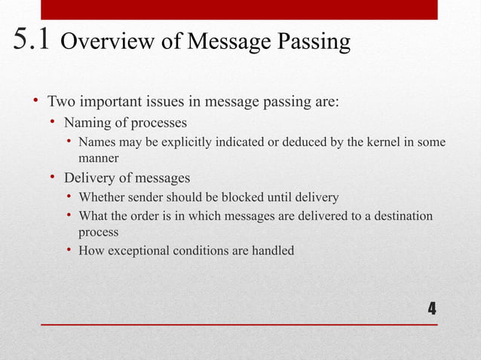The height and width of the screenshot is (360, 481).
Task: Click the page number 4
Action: click(431, 308)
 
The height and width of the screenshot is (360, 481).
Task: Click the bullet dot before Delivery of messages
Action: click(54, 178)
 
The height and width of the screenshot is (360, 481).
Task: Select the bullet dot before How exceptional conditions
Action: click(69, 251)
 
